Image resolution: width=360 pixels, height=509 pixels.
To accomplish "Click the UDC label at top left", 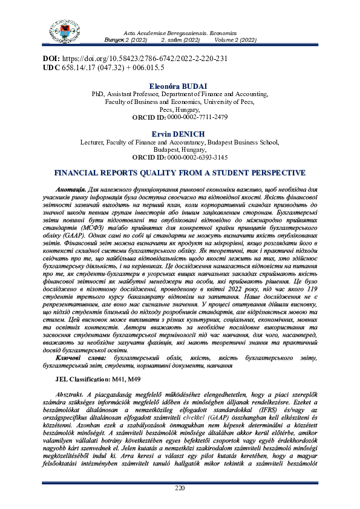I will (x=51, y=68).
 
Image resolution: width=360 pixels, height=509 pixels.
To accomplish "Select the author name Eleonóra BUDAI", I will (x=179, y=87).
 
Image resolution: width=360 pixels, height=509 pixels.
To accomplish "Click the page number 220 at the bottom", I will (x=180, y=488).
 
